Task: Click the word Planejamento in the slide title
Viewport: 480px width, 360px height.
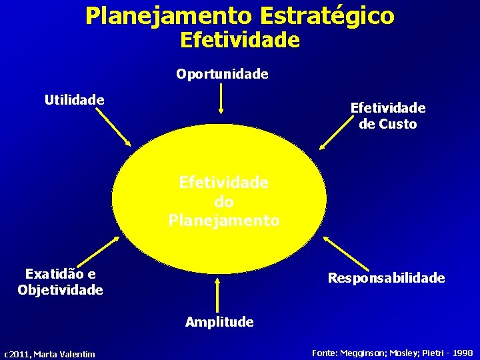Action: [x=166, y=16]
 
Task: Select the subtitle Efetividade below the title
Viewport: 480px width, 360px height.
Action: [x=240, y=41]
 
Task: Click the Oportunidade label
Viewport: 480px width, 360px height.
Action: [x=222, y=74]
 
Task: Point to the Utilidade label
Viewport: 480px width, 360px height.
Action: [x=74, y=100]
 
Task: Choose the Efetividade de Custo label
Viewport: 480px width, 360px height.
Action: [x=387, y=115]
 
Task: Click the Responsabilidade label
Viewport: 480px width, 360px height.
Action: [x=386, y=278]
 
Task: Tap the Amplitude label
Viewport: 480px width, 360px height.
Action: [x=219, y=322]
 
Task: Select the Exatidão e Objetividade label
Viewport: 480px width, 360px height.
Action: [x=60, y=281]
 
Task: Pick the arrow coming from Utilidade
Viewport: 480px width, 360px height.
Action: [x=113, y=127]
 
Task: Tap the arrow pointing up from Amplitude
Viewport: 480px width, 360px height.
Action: [x=217, y=293]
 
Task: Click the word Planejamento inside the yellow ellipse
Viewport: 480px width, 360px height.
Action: [x=224, y=220]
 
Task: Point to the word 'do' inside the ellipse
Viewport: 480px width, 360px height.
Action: [x=224, y=201]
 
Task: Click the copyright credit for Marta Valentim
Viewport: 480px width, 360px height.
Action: [x=49, y=354]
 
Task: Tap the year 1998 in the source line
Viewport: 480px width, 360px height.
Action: [x=461, y=353]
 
